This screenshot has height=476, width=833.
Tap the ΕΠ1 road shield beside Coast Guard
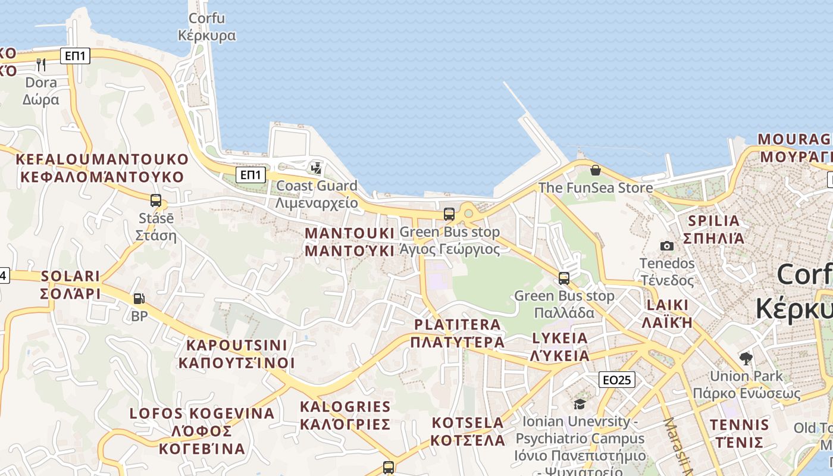click(250, 175)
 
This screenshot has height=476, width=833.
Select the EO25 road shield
click(617, 380)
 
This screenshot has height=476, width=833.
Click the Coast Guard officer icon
click(317, 168)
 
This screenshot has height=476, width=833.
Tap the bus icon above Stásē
click(156, 201)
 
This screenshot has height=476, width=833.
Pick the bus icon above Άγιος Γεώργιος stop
click(449, 214)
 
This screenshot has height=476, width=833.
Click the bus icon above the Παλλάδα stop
click(564, 278)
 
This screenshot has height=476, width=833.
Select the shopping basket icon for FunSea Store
click(595, 170)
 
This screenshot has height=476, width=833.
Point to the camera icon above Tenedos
click(667, 246)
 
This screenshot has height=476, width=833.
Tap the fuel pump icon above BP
click(139, 299)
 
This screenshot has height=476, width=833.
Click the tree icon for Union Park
click(746, 358)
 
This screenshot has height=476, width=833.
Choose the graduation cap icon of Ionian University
click(580, 405)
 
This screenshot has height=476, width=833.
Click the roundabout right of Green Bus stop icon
click(468, 214)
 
